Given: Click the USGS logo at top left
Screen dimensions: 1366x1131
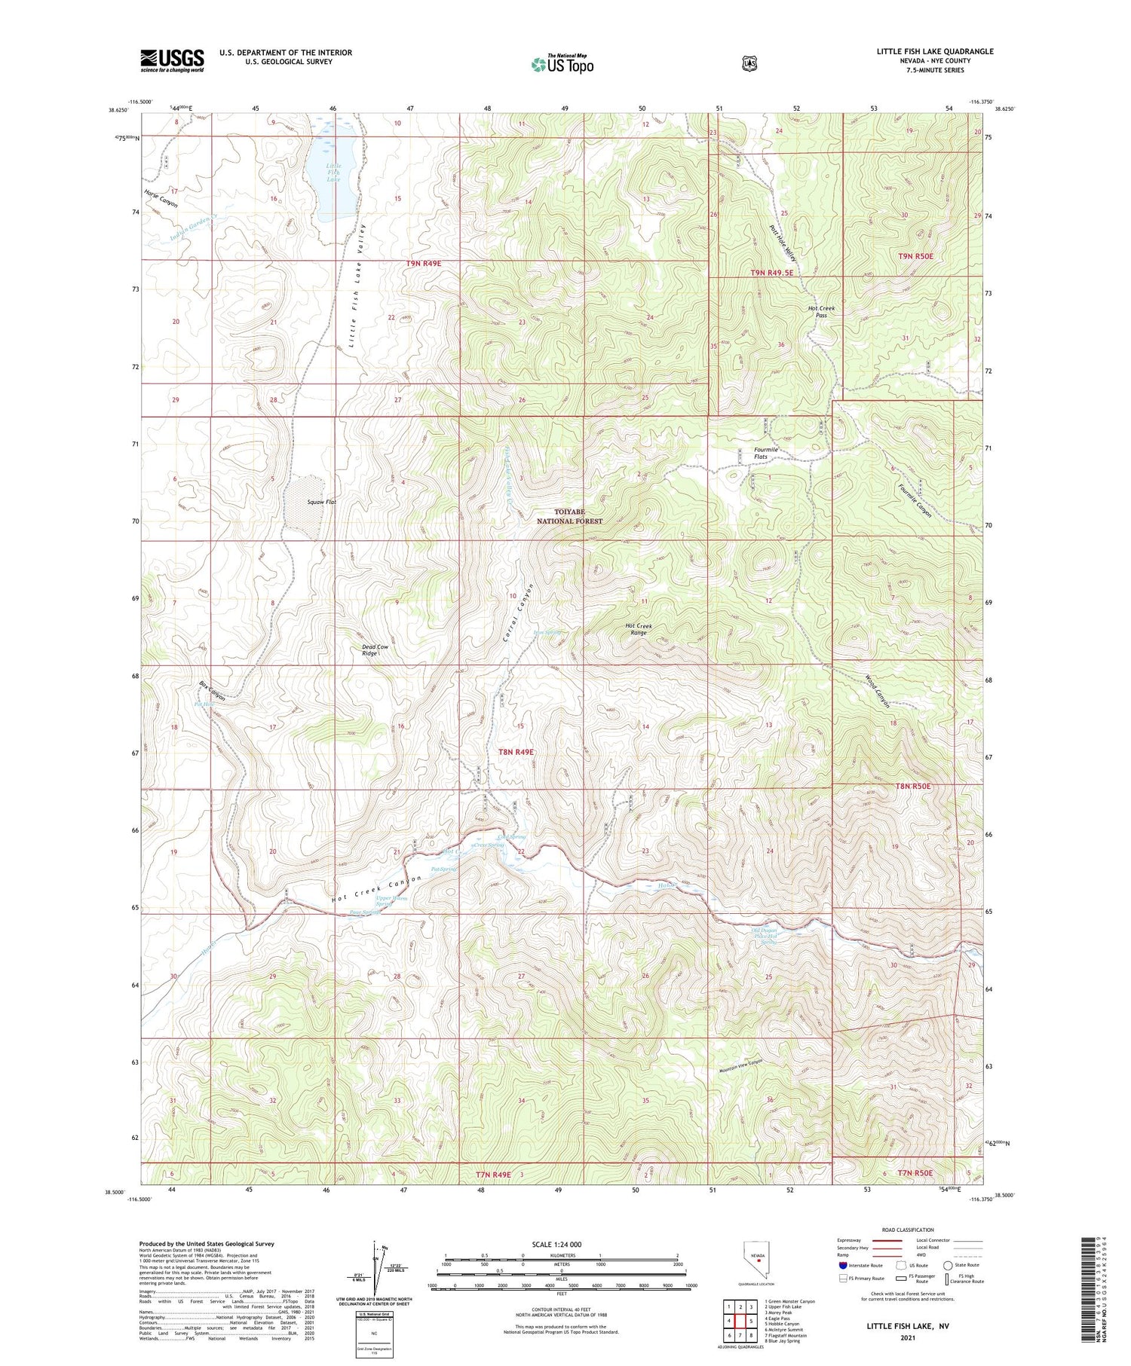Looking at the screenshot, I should tap(172, 60).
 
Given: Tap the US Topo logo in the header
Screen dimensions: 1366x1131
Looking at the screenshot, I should tap(562, 64).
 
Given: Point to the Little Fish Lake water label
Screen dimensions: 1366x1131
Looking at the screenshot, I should tap(333, 173).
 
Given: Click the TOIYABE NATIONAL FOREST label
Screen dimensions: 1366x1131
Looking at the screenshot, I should tap(569, 516).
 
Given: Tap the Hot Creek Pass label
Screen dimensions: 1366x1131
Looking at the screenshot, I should tap(821, 312).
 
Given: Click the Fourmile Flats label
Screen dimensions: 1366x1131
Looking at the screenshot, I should tap(765, 453).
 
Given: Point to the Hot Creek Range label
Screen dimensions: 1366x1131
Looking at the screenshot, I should tap(639, 629).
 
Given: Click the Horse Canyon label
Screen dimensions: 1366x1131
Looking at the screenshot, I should tap(161, 203).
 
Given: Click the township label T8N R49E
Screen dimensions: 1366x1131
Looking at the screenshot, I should tap(516, 752).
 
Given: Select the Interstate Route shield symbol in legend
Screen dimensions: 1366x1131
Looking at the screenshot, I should tap(843, 1265).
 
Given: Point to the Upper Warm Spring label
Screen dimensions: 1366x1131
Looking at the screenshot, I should tap(391, 900).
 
